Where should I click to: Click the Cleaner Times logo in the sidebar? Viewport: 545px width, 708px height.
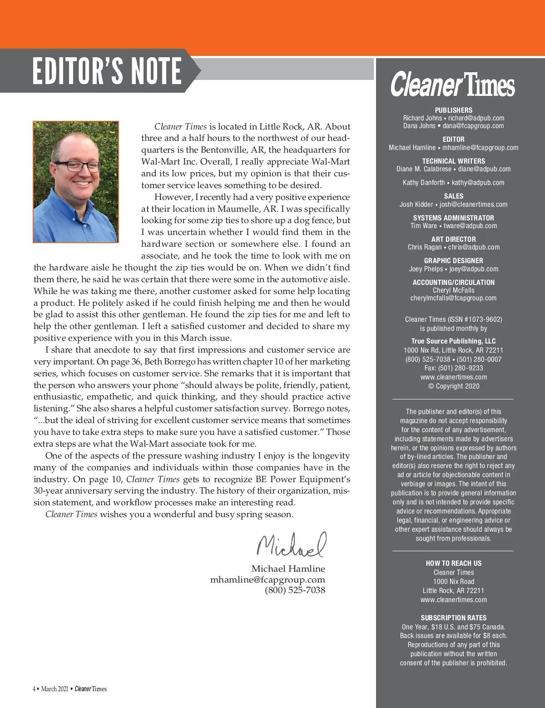tap(453, 85)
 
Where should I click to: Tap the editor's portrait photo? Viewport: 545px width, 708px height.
tap(76, 182)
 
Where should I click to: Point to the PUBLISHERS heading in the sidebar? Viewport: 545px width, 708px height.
tap(453, 110)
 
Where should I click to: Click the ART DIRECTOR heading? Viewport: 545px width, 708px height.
tap(453, 239)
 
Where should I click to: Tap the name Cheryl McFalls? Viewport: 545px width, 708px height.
tap(453, 290)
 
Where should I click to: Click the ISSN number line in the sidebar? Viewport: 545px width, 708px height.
tap(453, 319)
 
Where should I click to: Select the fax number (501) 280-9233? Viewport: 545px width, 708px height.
tap(453, 368)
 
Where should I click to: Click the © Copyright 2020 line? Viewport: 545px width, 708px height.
tap(453, 386)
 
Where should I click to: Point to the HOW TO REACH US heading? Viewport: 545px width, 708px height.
tap(453, 563)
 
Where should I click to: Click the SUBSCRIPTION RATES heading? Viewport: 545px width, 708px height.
tap(453, 618)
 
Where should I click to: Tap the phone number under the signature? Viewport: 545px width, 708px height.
tap(295, 590)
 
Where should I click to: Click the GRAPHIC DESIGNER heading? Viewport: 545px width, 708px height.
tap(453, 261)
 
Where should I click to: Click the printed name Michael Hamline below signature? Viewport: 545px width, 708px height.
tap(288, 569)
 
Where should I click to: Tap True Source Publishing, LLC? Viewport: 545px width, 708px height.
tap(453, 341)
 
